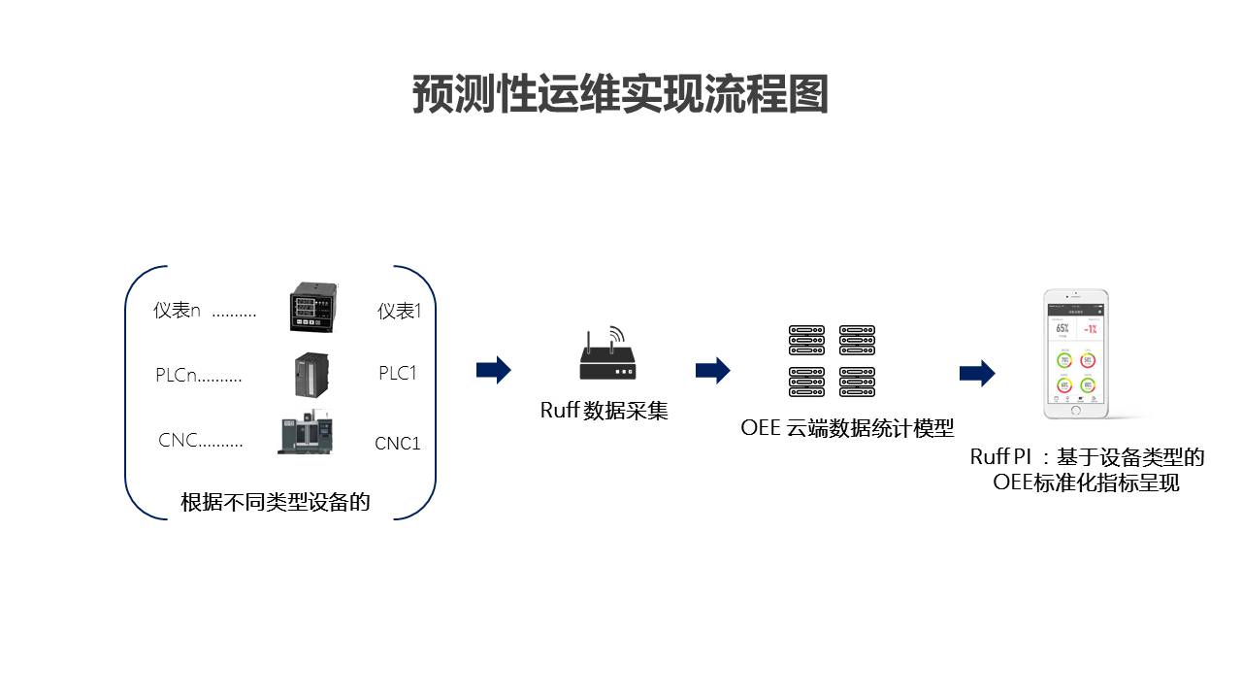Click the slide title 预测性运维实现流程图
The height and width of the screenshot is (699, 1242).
620,95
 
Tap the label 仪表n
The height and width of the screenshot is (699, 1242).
177,311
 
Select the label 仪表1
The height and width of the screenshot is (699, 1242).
400,311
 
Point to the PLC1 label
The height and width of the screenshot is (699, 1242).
398,373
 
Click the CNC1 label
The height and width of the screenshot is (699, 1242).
398,444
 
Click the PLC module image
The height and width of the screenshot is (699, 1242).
312,373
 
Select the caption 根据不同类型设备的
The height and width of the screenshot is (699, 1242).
276,502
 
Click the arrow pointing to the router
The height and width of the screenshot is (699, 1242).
494,370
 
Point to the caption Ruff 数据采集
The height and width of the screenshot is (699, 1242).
604,411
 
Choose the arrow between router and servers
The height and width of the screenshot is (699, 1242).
713,370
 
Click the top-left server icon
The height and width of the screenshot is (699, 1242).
806,340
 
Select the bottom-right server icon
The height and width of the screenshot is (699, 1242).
857,382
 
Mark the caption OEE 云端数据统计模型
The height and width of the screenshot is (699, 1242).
847,427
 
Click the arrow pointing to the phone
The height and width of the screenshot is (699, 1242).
977,373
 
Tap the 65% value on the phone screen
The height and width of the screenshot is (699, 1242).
1062,328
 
